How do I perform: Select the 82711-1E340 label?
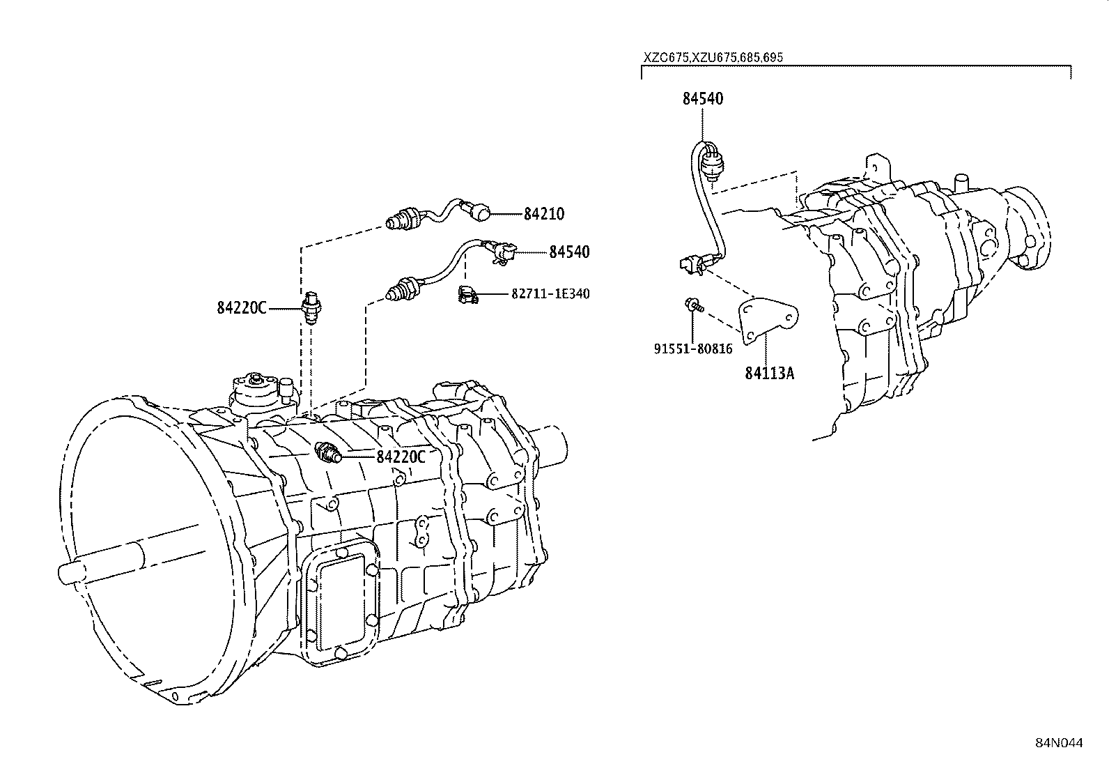coord(550,294)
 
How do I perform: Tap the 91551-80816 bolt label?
coord(692,348)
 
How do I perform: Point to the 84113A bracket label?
coord(769,373)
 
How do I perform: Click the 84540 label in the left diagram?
coord(568,252)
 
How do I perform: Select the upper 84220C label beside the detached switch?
coord(241,308)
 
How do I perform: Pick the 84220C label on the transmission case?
coord(401,457)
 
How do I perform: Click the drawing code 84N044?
coord(1059,743)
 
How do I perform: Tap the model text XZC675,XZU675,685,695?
coord(713,57)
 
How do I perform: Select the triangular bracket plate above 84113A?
coord(766,321)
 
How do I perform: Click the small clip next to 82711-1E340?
coord(466,294)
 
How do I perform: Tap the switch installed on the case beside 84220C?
coord(327,453)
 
